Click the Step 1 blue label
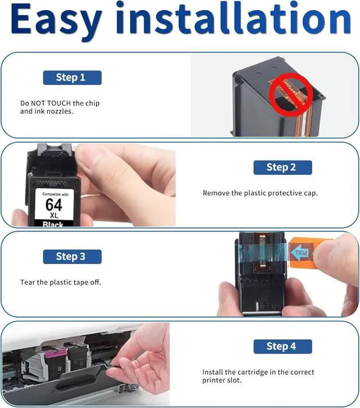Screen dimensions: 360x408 click(x=72, y=78)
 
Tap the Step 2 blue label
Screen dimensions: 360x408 click(x=282, y=167)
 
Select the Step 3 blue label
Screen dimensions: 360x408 click(x=72, y=257)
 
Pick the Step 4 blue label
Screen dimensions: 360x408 click(x=282, y=346)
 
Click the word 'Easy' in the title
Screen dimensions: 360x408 click(x=56, y=21)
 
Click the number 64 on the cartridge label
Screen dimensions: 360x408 click(x=54, y=205)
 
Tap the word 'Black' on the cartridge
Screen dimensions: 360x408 click(x=53, y=224)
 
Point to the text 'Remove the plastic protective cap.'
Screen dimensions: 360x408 click(x=260, y=193)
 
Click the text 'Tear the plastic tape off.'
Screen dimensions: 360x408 click(x=60, y=282)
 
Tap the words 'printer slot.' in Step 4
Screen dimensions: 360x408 click(x=222, y=380)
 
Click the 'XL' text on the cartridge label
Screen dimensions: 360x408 click(x=54, y=215)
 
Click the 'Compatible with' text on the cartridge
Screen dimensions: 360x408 click(x=55, y=194)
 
